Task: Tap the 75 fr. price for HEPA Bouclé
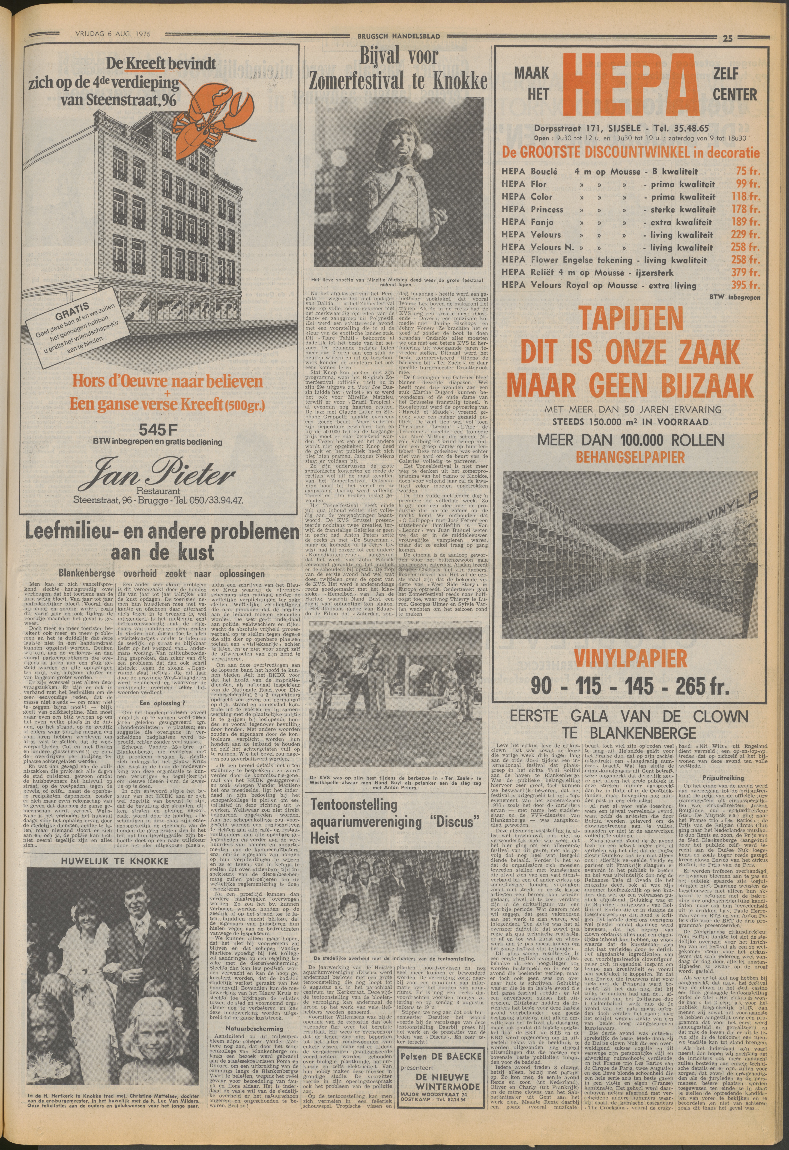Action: tap(745, 171)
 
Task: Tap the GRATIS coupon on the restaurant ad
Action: tap(79, 334)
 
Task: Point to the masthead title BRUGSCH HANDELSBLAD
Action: tap(394, 36)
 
